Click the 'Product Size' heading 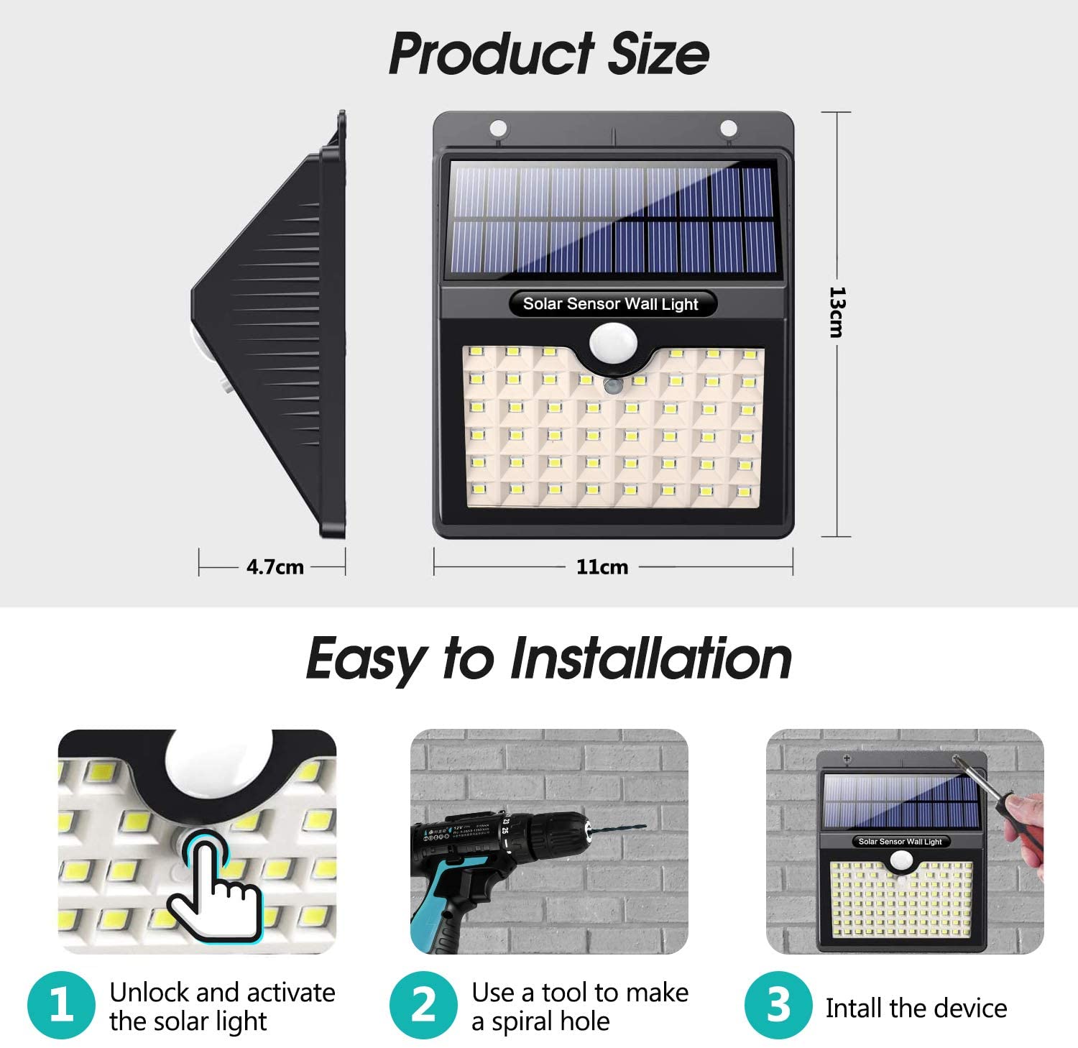[x=549, y=54]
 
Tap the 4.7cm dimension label [x=275, y=567]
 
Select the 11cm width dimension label [x=602, y=567]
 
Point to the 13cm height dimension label [x=837, y=312]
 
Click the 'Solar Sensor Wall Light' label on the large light [x=610, y=304]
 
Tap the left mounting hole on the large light [x=497, y=129]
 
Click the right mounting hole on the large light [x=728, y=129]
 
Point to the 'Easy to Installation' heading [x=549, y=658]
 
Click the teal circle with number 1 [x=61, y=1005]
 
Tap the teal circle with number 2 [x=423, y=1005]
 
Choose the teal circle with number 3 [x=778, y=1005]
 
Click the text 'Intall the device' [x=916, y=1008]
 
